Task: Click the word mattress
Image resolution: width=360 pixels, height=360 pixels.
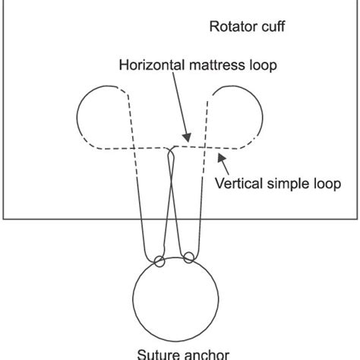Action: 219,65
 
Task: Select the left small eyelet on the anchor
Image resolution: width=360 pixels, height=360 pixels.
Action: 158,262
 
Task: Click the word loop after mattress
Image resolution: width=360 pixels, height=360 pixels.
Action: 262,65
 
